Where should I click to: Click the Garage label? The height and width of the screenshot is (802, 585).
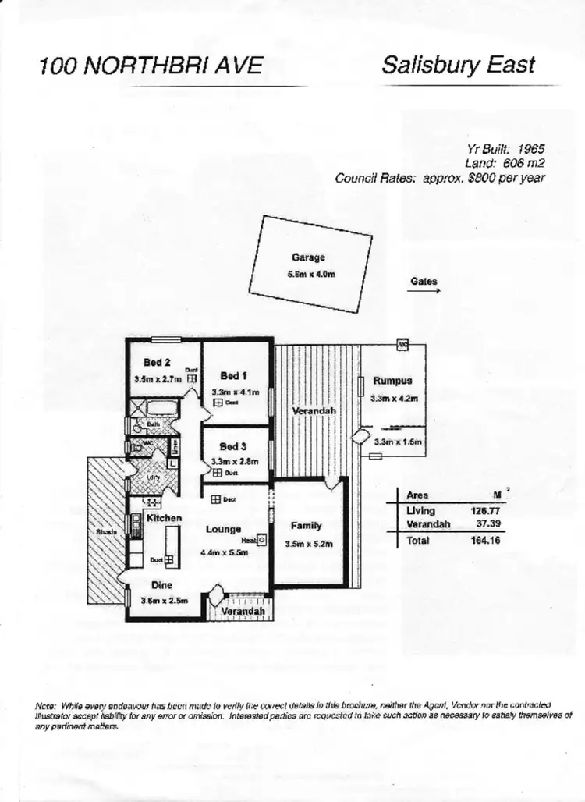coord(308,257)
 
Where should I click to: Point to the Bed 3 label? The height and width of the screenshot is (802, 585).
coord(232,446)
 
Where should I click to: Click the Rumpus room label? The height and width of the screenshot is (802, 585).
coord(392,381)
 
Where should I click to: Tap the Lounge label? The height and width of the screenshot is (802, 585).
coord(223,530)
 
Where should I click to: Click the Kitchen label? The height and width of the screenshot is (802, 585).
coord(164,518)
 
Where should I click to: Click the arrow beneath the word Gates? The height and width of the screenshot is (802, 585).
coord(424,291)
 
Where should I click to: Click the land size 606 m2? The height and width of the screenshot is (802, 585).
coord(526,163)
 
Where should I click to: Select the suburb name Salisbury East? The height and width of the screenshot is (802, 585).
coord(459,64)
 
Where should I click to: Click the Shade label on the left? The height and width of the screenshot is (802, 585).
coord(106,531)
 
